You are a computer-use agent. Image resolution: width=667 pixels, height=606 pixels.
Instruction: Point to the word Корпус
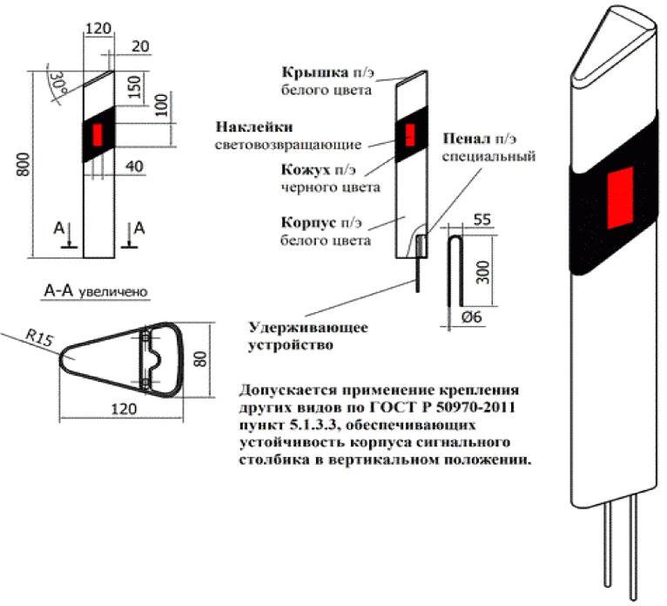pos(306,222)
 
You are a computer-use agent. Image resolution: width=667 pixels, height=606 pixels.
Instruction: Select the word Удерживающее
pos(308,328)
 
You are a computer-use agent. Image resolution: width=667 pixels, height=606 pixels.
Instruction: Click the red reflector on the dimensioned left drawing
pos(97,134)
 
